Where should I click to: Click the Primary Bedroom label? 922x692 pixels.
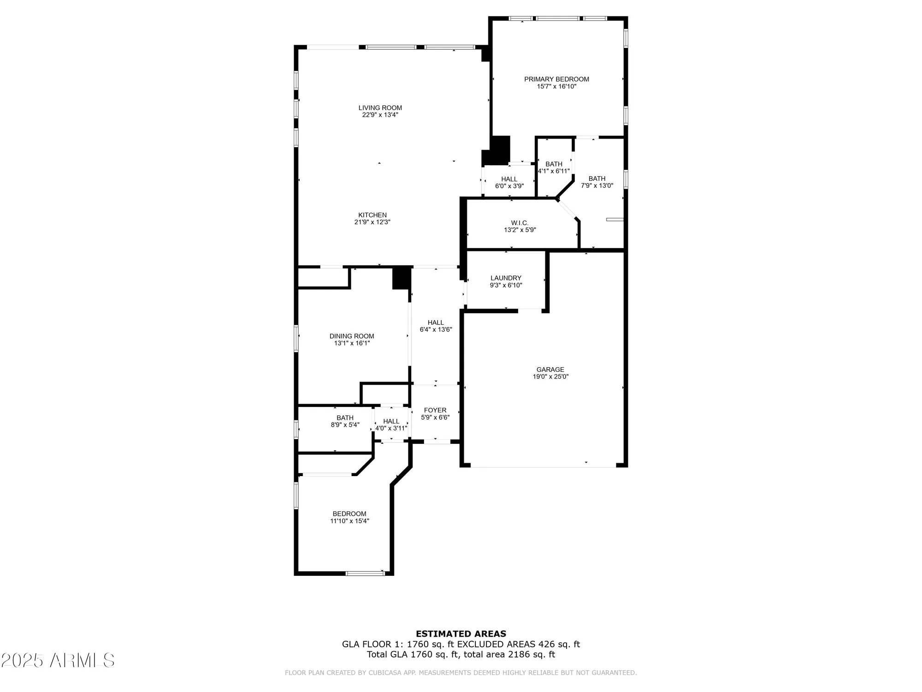(556, 79)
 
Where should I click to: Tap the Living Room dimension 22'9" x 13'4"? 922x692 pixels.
(380, 115)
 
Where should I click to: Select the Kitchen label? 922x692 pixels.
(372, 215)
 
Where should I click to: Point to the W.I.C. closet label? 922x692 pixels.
(520, 223)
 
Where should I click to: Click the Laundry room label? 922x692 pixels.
(506, 278)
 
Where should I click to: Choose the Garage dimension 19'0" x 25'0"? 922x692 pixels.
(550, 376)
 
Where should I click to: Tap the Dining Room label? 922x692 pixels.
(352, 336)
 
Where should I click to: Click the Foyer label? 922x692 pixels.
(435, 410)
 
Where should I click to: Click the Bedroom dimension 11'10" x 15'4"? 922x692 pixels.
(349, 521)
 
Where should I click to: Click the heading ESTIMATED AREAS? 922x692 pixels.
(461, 634)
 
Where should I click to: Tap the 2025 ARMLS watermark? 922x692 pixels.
(57, 661)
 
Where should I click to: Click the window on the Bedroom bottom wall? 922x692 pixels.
(365, 573)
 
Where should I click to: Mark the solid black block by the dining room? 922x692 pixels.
(402, 279)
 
